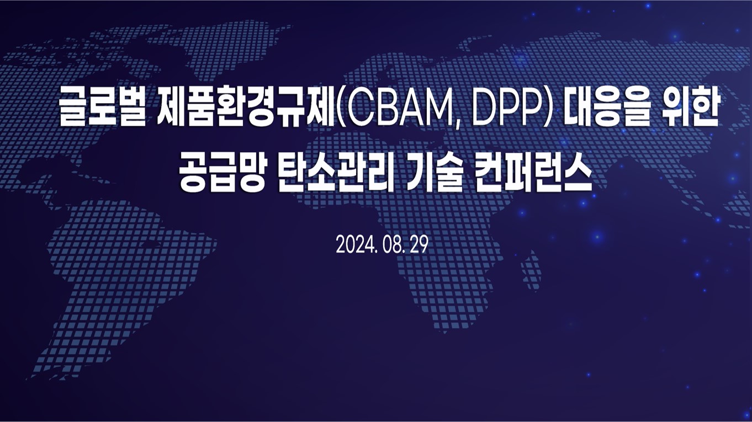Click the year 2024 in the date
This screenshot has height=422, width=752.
click(355, 245)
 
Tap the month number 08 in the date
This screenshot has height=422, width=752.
click(391, 245)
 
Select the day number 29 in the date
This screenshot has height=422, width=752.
click(419, 245)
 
